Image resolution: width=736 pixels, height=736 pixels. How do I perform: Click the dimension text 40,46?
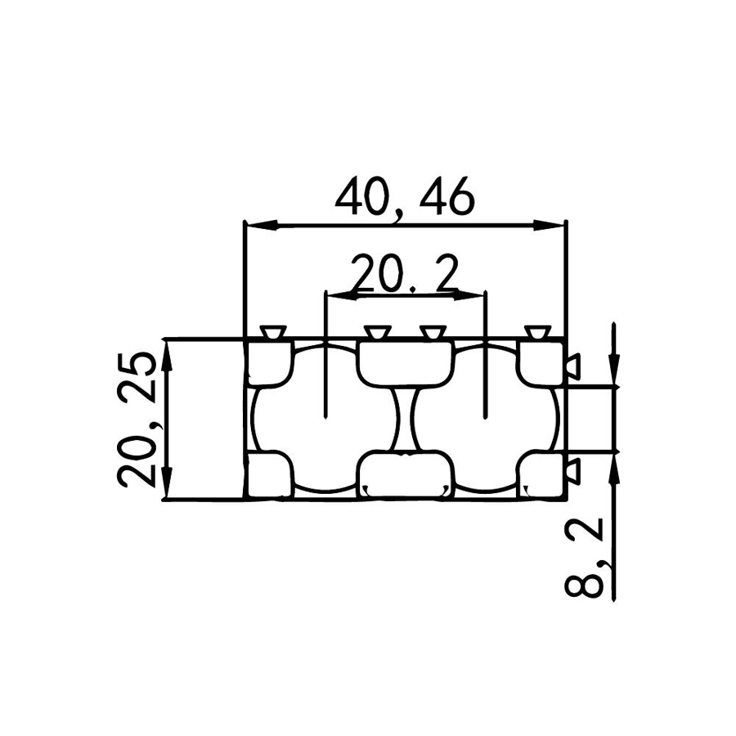(x=405, y=199)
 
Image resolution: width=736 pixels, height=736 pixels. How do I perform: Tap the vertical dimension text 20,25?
(x=137, y=419)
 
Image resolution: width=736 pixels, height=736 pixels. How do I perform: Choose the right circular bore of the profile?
(x=485, y=419)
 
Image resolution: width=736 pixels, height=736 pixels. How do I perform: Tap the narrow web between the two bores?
(x=406, y=419)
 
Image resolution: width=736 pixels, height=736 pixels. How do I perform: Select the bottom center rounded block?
(x=406, y=474)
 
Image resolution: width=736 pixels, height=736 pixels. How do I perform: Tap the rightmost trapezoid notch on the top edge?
(x=537, y=332)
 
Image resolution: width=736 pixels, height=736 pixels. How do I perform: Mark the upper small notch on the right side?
(x=572, y=363)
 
